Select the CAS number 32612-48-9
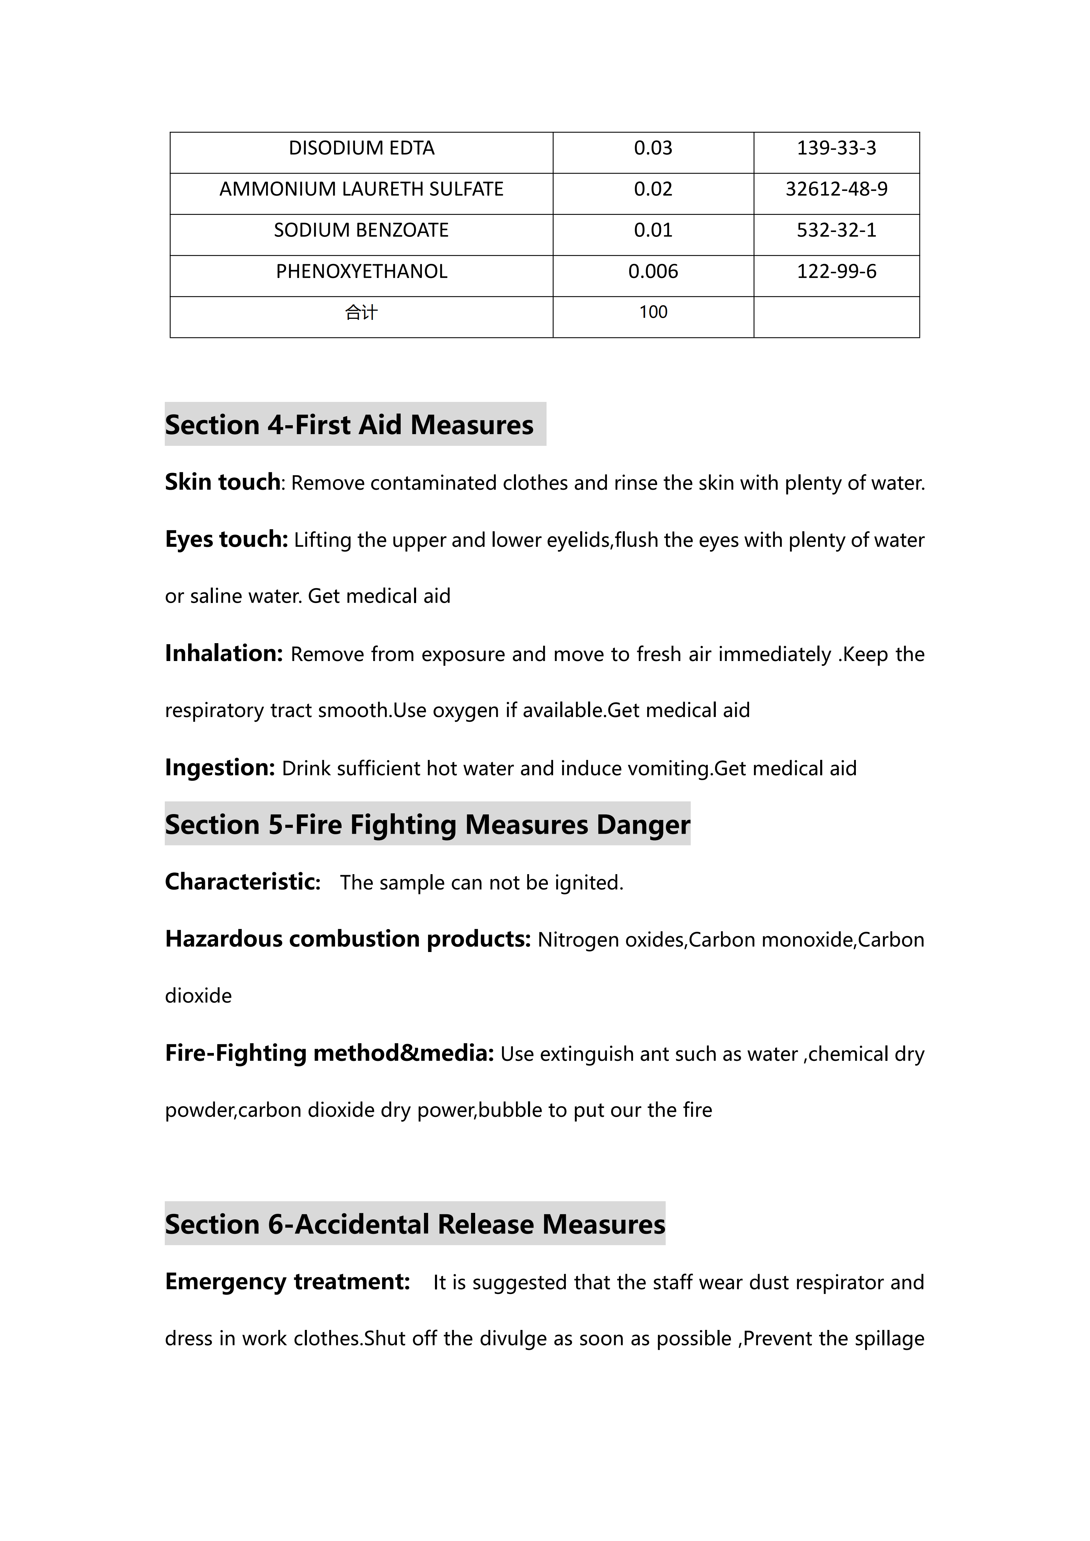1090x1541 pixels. click(836, 189)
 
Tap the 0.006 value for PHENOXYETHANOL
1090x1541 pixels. click(653, 272)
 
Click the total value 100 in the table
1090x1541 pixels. click(653, 312)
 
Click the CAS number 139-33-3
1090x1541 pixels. click(836, 148)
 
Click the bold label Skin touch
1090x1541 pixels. click(222, 482)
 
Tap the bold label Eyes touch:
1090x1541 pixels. click(226, 539)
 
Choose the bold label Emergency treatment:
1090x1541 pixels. click(287, 1281)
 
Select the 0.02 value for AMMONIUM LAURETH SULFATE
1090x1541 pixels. click(653, 189)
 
